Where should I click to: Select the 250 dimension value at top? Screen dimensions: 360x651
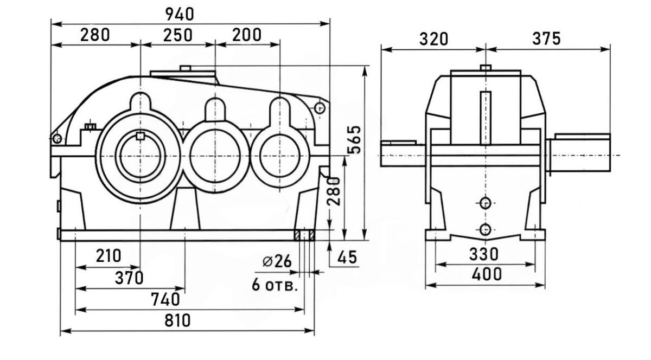[x=177, y=35]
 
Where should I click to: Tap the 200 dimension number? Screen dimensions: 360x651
[x=246, y=35]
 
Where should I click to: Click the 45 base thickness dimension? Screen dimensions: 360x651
[x=347, y=258]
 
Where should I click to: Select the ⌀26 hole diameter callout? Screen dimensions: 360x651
[x=277, y=261]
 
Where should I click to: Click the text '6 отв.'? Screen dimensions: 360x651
[x=275, y=285]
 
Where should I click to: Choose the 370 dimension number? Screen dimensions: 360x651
[x=129, y=278]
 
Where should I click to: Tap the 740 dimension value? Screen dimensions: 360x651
[x=165, y=299]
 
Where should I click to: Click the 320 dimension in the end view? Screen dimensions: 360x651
[x=433, y=39]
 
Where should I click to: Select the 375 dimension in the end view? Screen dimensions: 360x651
[x=546, y=38]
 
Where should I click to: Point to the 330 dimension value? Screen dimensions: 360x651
[x=485, y=254]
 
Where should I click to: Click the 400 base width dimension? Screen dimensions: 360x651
[x=487, y=274]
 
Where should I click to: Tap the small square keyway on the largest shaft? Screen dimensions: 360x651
[x=141, y=136]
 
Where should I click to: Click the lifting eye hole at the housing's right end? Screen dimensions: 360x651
[x=320, y=108]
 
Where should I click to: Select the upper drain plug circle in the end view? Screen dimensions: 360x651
[x=486, y=203]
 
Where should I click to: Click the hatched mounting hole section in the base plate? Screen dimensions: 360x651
[x=305, y=235]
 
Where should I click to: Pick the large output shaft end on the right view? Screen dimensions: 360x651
[x=579, y=155]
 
